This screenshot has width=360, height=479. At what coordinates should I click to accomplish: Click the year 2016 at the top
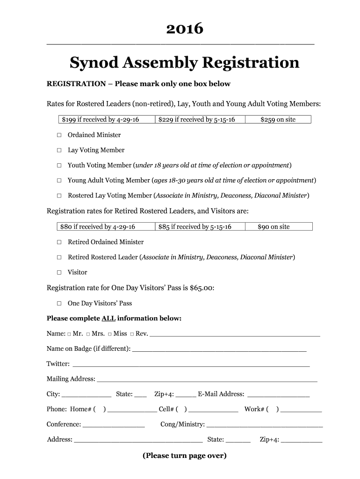point(185,29)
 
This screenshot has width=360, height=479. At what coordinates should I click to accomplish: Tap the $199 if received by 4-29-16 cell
point(101,119)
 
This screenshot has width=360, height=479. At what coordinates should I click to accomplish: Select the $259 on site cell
point(278,119)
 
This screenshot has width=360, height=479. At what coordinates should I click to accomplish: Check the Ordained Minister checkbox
point(59,135)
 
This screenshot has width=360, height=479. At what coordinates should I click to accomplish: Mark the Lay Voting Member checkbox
point(59,150)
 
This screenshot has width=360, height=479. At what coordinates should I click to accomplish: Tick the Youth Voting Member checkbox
point(59,166)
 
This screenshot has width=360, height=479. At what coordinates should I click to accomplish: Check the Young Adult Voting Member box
point(59,181)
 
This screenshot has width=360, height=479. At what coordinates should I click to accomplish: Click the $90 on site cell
point(274,227)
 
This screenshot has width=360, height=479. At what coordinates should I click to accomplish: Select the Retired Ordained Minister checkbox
point(59,242)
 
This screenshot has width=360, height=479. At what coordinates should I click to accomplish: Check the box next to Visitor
point(59,272)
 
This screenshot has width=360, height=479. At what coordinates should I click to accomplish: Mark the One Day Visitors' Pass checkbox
point(59,303)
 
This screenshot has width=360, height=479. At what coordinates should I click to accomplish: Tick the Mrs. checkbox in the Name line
point(88,334)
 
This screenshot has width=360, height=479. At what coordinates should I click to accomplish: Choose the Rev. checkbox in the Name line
point(132,334)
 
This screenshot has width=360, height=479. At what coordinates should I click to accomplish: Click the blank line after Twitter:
point(191,364)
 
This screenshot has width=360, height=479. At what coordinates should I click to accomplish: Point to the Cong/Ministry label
point(182,424)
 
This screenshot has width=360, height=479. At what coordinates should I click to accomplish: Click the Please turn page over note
point(185,456)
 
